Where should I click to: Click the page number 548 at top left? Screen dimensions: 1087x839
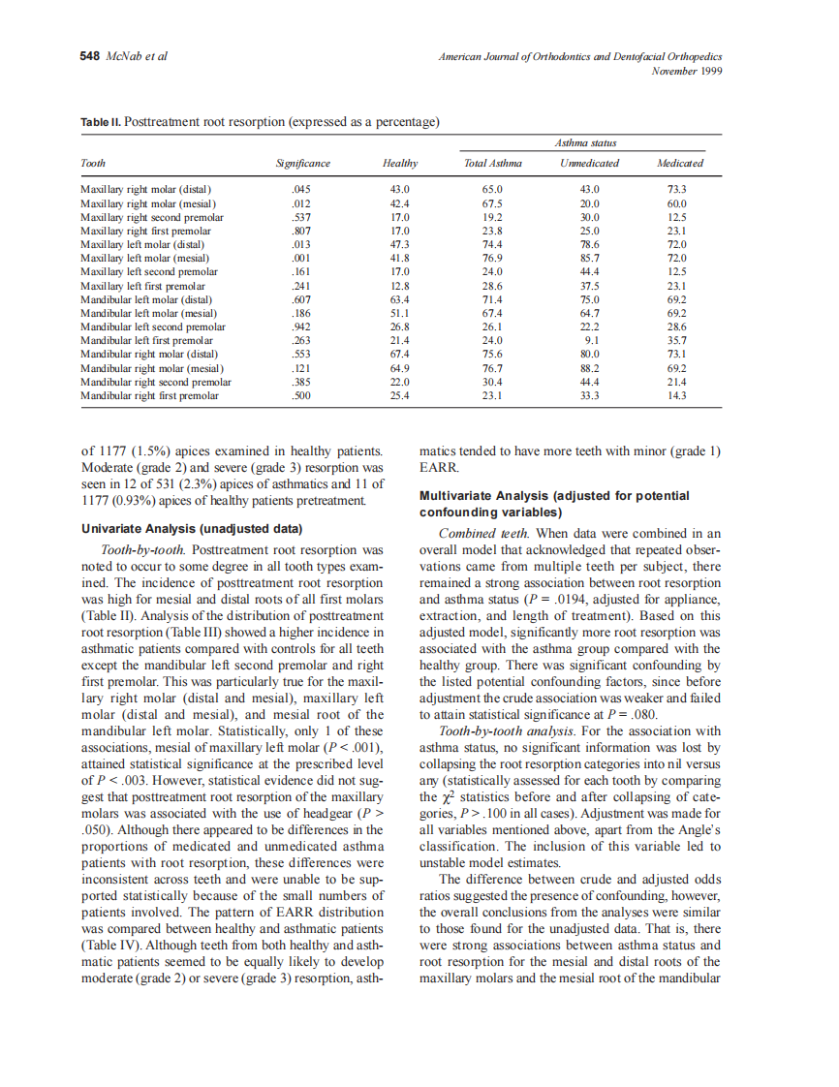[89, 56]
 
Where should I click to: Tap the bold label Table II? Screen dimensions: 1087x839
[101, 122]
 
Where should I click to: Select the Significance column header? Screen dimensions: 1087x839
[303, 163]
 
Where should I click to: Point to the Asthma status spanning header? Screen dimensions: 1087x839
[586, 143]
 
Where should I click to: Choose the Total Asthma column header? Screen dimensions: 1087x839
[493, 163]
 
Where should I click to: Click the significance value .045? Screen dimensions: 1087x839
[301, 189]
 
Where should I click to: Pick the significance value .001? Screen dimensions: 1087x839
[301, 259]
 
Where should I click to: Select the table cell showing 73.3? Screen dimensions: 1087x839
[678, 189]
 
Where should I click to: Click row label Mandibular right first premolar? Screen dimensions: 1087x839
[149, 396]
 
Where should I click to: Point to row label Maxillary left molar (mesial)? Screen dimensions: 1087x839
[144, 259]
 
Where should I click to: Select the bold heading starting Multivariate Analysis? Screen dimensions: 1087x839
[554, 495]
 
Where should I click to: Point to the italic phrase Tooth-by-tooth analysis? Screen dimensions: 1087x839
[503, 731]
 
